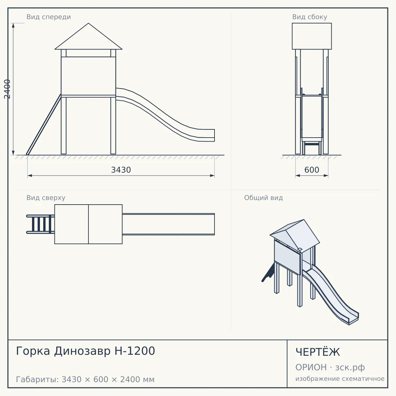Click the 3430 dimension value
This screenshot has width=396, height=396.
(121, 170)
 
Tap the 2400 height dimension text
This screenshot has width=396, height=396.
(7, 89)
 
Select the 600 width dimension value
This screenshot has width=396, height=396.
(312, 170)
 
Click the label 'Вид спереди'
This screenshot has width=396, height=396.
(49, 17)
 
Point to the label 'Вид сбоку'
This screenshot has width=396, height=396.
(310, 17)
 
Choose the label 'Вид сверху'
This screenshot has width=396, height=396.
(46, 198)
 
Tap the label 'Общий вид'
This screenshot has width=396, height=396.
(263, 198)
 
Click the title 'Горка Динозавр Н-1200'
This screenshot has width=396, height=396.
(85, 351)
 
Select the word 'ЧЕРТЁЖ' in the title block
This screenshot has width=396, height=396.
(318, 352)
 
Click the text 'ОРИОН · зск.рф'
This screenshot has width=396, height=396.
(330, 367)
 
